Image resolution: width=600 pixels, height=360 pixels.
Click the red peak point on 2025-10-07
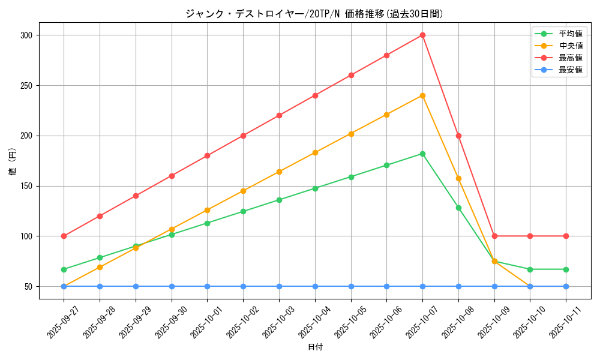tap(422, 35)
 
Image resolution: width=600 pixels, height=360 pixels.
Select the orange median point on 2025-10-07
tap(422, 95)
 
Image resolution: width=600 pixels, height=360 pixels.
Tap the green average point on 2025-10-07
tap(422, 154)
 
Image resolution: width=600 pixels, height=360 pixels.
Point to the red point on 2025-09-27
tap(64, 236)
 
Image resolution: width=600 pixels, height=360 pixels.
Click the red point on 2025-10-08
tap(458, 136)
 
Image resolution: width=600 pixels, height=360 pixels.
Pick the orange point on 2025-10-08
tap(458, 178)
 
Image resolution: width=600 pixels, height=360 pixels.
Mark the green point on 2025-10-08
tap(458, 208)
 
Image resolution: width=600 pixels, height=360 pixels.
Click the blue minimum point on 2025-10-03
tap(279, 286)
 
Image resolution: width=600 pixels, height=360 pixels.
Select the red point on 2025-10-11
tap(566, 236)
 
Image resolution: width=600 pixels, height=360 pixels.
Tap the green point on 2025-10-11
tap(566, 269)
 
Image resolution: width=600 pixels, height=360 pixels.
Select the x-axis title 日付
tap(315, 347)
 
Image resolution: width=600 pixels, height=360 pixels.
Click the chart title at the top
tap(315, 14)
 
